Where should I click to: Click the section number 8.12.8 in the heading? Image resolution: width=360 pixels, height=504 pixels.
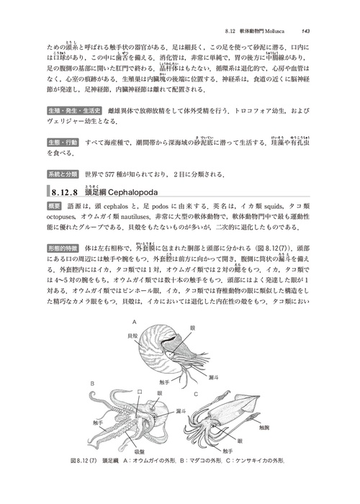[68, 193]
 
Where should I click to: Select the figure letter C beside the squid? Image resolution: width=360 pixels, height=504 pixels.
[196, 393]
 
